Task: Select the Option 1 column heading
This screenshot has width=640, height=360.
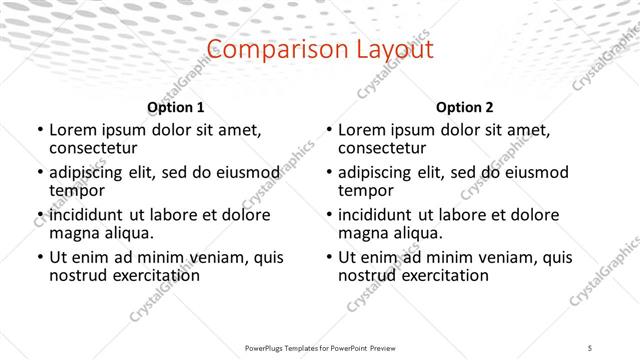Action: [x=176, y=107]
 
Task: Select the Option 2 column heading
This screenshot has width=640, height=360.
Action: [x=465, y=107]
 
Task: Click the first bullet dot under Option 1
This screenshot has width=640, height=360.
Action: [x=39, y=131]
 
